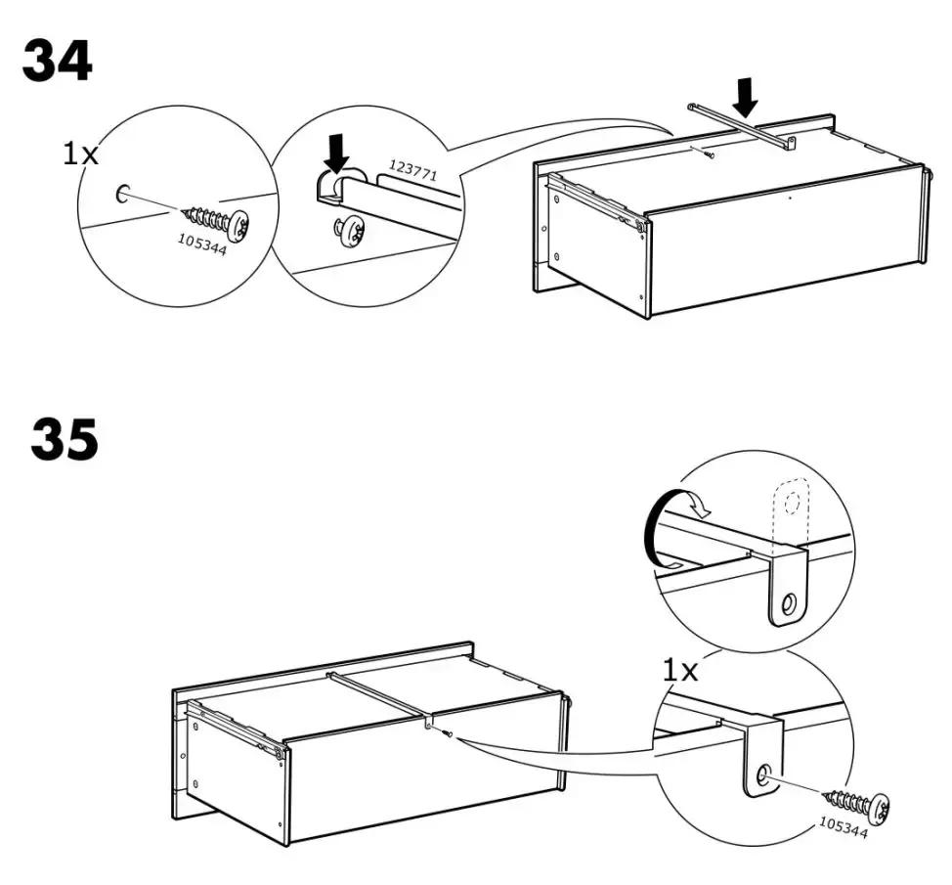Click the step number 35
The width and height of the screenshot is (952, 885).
click(65, 438)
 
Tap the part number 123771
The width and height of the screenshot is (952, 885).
click(412, 170)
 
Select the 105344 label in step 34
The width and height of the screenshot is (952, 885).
click(202, 244)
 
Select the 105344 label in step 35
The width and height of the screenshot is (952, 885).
click(844, 826)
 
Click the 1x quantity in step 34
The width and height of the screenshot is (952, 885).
click(80, 155)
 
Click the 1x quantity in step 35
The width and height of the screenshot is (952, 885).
click(680, 671)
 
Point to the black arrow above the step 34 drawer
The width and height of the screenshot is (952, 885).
click(745, 97)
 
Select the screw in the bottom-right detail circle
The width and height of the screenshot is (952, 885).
click(857, 803)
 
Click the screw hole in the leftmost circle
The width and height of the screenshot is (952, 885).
click(121, 193)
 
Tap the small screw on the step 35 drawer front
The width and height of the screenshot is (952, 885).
click(448, 734)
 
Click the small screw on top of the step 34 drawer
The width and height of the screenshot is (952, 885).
click(710, 155)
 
